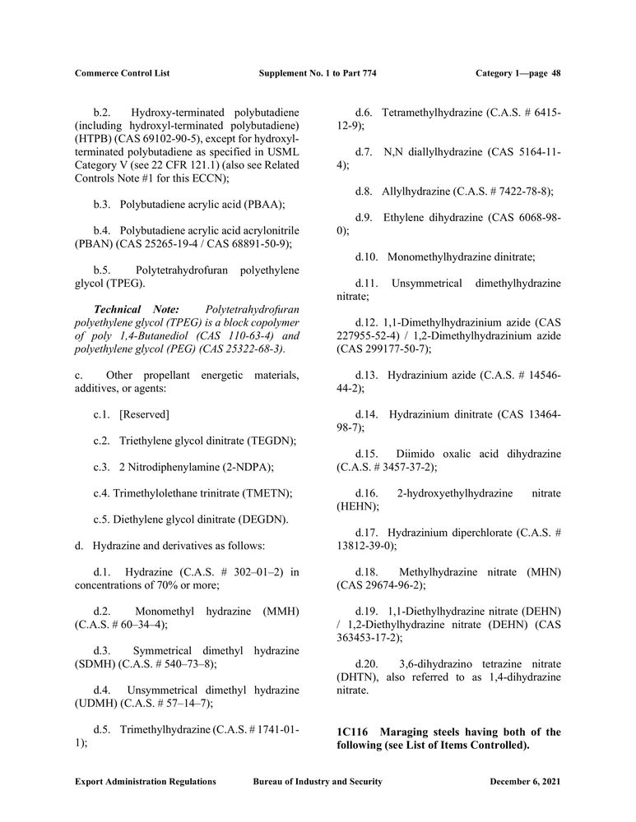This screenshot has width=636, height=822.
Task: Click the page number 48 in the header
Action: pos(555,73)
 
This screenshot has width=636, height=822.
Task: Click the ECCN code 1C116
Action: pos(354,732)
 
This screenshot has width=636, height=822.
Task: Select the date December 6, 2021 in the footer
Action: pos(525,782)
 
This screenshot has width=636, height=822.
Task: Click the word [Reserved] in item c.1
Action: pos(144,414)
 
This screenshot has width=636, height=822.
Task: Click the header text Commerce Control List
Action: pos(122,73)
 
